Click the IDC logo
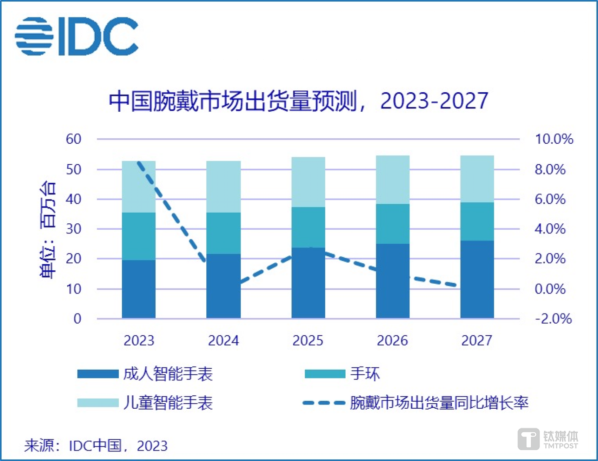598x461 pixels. pos(77,36)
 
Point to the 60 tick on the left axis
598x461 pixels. pos(74,139)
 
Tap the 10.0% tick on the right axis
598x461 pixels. pos(554,139)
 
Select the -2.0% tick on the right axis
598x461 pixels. pos(553,319)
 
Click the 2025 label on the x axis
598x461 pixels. pos(308,341)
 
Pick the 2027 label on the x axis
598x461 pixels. pos(477,341)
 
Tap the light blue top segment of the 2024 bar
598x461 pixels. pos(223,186)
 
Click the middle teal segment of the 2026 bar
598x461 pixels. pos(392,223)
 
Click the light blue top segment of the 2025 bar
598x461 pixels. pos(308,182)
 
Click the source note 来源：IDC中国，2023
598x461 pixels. pos(96,446)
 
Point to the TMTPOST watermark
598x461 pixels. pos(548,439)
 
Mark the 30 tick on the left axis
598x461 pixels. pos(74,229)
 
